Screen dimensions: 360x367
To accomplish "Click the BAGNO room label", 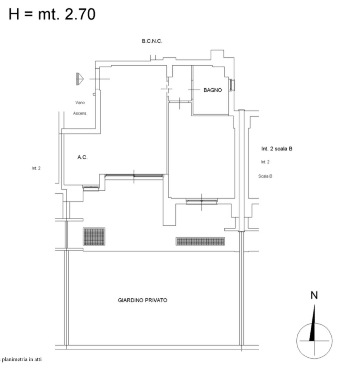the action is (212, 90).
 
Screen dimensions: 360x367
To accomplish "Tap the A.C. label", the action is (82, 157).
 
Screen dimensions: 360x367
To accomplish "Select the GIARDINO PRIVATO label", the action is (142, 300).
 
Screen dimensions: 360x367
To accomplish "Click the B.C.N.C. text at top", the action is (152, 41).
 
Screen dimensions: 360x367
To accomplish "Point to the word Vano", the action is (80, 103).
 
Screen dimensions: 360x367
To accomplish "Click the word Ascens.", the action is (80, 113).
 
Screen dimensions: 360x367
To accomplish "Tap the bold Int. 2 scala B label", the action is (277, 148).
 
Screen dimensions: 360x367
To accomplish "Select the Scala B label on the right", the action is (265, 176).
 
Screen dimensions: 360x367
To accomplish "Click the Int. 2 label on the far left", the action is (36, 168).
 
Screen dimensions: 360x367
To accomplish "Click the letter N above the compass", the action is (314, 295).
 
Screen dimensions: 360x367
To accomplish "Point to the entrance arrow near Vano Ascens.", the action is (80, 79).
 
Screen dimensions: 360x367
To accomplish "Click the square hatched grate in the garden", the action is (94, 237).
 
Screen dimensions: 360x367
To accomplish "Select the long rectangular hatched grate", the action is (200, 241).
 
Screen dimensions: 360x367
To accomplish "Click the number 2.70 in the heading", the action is (80, 14).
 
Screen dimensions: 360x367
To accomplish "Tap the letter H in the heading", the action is (14, 14).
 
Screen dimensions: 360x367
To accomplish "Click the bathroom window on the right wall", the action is (232, 85).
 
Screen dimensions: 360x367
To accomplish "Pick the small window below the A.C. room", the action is (91, 188).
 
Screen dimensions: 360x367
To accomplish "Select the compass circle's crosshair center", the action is (314, 341).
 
